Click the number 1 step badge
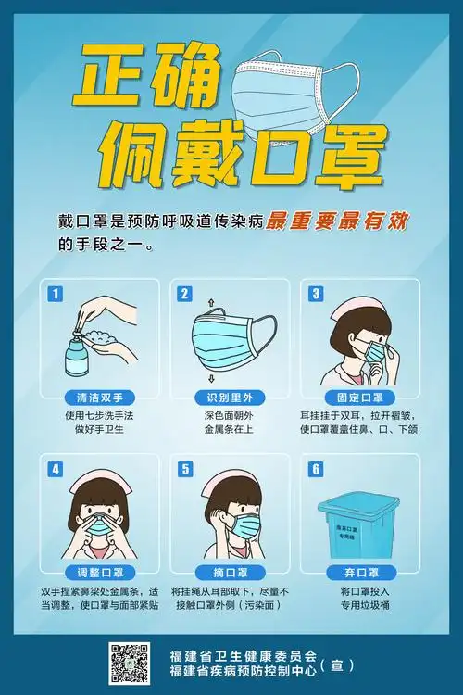click(x=56, y=294)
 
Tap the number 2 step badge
click(x=184, y=294)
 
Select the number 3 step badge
click(x=316, y=294)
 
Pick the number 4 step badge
click(x=56, y=469)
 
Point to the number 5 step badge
click(x=184, y=469)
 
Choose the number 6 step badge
click(x=316, y=469)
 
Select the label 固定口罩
click(x=359, y=398)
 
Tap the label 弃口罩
click(x=359, y=572)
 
